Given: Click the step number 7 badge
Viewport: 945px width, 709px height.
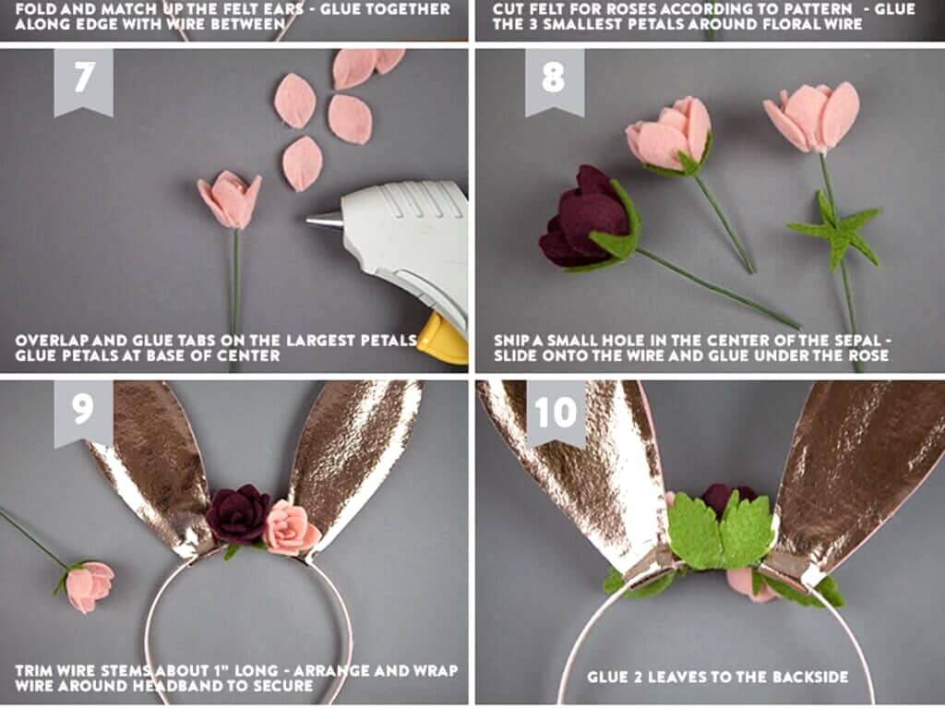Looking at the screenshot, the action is click(x=83, y=81).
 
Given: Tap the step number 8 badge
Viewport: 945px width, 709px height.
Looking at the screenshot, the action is click(x=555, y=81).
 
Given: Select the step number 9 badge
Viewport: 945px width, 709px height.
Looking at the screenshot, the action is click(x=83, y=413).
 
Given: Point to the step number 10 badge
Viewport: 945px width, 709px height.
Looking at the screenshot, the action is click(x=556, y=413).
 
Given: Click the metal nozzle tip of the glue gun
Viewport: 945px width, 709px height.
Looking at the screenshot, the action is click(x=324, y=220).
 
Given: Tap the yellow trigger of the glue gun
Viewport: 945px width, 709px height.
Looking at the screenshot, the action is click(x=443, y=341).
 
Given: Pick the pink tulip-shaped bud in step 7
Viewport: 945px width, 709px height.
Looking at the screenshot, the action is click(x=230, y=199).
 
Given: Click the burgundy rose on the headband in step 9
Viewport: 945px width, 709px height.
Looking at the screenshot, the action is click(x=238, y=513).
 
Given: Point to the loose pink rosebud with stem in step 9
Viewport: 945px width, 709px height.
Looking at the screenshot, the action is click(x=88, y=585).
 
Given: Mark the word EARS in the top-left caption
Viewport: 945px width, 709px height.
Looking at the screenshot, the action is click(x=286, y=9).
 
